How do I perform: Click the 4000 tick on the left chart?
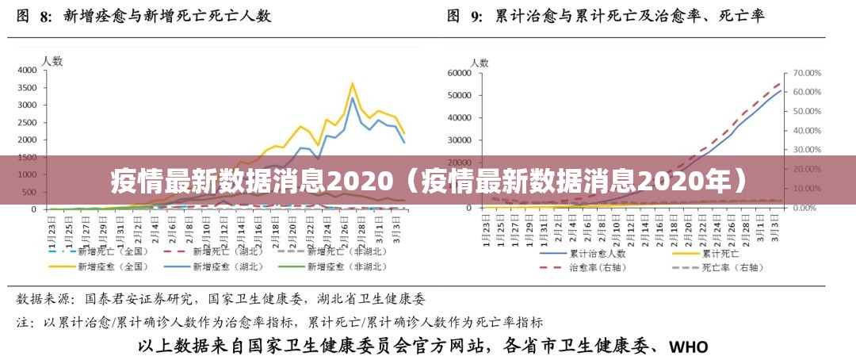[x=26, y=70]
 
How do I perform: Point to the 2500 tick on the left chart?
[x=26, y=122]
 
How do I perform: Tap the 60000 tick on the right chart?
[x=459, y=73]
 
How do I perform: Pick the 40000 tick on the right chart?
[x=459, y=118]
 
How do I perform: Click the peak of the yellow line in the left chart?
[x=352, y=83]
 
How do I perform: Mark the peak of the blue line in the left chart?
[x=352, y=98]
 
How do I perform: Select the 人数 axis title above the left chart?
[x=52, y=60]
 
